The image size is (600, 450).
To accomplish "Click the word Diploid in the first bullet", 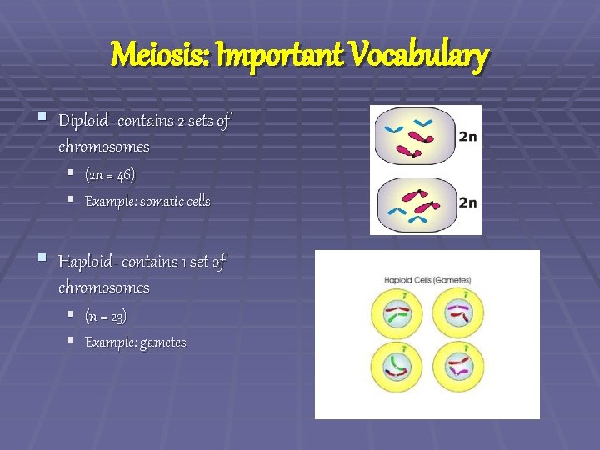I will tap(83, 122).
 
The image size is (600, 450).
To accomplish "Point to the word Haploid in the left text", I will tap(86, 262).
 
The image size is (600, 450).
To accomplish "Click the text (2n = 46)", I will tap(110, 175).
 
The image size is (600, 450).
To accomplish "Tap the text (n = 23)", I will tap(106, 316).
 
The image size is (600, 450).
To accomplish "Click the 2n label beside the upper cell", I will tap(467, 137).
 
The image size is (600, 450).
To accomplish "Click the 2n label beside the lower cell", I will tap(467, 202).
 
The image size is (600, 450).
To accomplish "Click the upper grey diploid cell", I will tap(412, 137).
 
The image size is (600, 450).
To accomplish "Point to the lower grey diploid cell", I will tap(412, 202).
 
